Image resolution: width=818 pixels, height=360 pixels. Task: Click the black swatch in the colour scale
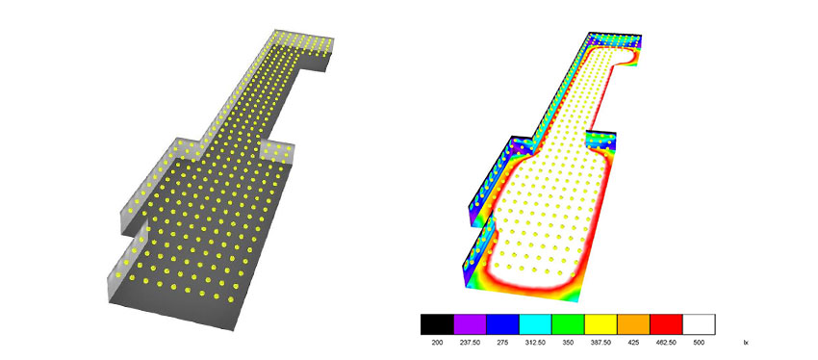point(437,324)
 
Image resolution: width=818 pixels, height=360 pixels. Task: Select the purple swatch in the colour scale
point(470,324)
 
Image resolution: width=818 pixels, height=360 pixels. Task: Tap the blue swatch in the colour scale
point(503,324)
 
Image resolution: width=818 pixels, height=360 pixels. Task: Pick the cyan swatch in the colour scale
point(536,324)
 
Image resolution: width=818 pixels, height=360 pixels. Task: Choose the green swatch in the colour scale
point(568,324)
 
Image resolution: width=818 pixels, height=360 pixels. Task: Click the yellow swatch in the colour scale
point(601,324)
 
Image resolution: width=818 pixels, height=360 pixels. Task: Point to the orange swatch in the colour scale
point(634,324)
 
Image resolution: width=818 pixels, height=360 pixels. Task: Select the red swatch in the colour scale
point(666,324)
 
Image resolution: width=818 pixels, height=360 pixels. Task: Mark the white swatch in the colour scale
point(699,324)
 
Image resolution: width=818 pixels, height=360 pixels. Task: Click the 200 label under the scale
point(437,343)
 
